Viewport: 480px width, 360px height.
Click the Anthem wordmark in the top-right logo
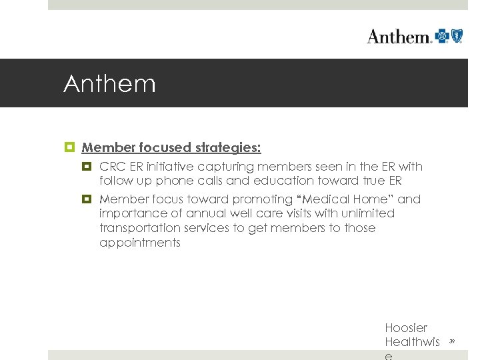click(x=399, y=36)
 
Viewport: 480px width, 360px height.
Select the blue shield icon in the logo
click(x=457, y=35)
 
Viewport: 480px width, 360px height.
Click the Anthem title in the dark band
click(x=109, y=84)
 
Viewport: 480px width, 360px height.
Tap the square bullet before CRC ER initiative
click(x=88, y=167)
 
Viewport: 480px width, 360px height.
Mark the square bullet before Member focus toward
click(x=88, y=199)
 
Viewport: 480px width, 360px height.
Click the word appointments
click(x=139, y=243)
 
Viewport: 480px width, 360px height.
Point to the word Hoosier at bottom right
click(x=406, y=328)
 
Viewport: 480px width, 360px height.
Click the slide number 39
click(x=452, y=341)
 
